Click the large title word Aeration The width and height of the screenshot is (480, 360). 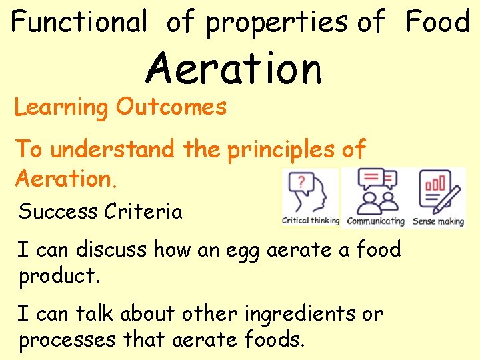coord(234,69)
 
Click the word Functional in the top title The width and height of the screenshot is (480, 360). coord(79,23)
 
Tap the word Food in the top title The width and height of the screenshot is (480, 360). coord(437,22)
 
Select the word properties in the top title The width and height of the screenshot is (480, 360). coord(276,23)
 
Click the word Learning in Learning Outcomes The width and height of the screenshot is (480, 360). coord(61,107)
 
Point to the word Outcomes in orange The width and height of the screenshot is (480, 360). coord(171,107)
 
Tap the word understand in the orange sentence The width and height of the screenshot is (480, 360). coord(113,149)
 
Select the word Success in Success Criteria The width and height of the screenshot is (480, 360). coord(57,212)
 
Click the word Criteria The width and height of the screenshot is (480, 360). coord(142,212)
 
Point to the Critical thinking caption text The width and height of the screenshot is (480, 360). coord(311,221)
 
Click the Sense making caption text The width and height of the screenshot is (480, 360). coord(438,221)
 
